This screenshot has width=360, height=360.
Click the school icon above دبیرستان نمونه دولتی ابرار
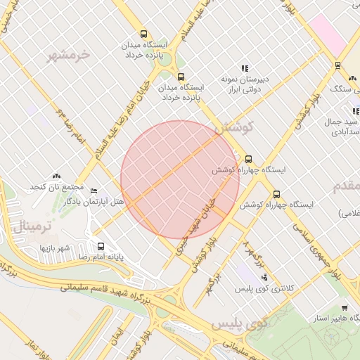tap(245, 68)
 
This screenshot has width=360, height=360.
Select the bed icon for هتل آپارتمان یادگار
tap(94, 190)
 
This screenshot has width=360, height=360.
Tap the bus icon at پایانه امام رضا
tap(101, 247)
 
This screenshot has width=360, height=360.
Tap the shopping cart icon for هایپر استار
tap(345, 308)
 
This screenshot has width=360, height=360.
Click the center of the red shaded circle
tap(179, 179)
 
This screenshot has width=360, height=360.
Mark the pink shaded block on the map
tap(325, 32)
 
